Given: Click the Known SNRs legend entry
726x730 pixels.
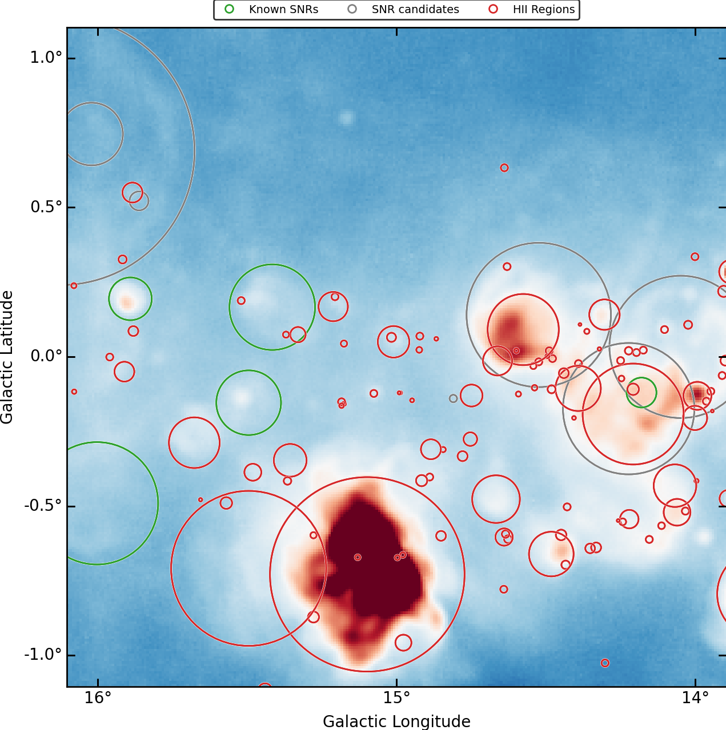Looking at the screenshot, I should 283,10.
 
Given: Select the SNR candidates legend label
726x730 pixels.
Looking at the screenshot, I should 415,10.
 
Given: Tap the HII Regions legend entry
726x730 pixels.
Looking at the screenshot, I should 543,10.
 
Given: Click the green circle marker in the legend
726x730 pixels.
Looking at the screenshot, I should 230,9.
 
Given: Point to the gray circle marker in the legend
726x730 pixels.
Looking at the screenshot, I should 352,9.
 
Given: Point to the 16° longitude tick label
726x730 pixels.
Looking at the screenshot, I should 98,698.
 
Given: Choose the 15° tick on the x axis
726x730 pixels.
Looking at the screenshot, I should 396,698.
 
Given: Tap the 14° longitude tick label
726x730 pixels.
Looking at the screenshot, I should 695,698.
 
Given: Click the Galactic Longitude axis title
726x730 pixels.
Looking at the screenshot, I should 396,721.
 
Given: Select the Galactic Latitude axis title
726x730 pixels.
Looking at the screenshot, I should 7,357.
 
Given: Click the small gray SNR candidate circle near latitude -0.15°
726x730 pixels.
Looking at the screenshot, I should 454,398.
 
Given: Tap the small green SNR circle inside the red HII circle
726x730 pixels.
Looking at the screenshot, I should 641,393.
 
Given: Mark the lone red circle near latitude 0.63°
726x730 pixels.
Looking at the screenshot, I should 504,168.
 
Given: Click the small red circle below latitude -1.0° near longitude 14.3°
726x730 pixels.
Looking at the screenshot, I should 605,663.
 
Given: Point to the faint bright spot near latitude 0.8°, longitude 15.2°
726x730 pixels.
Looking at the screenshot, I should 346,118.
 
